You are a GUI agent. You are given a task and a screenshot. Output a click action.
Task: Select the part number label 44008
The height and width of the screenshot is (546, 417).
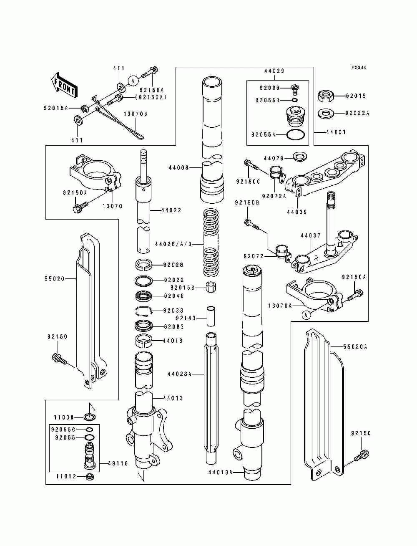coord(178,168)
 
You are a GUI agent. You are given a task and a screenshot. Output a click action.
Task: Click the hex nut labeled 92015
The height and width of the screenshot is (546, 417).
coord(325,96)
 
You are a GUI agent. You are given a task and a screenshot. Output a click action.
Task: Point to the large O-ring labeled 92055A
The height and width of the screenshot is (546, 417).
coord(296,134)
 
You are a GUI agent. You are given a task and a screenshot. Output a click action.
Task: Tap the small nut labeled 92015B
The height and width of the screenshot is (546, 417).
coord(211,287)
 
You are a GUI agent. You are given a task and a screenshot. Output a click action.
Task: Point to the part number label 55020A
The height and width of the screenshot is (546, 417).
coord(355,346)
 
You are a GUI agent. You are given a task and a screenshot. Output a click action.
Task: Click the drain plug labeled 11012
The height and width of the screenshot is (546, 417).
coord(89,477)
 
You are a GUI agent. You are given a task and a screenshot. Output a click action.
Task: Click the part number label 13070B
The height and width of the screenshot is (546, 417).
coord(135,114)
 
